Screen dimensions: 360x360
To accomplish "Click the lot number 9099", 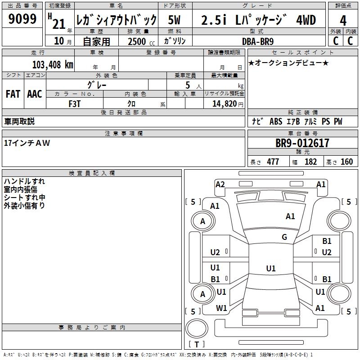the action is [x=22, y=19].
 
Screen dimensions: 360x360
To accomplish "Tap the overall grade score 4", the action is [x=343, y=21].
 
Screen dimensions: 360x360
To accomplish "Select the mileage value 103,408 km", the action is [x=53, y=65].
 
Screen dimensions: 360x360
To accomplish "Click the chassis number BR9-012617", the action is [x=302, y=143].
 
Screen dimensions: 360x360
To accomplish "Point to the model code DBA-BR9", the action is [x=258, y=41].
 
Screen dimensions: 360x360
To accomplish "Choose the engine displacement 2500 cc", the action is [x=141, y=41].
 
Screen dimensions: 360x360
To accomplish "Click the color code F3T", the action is [x=75, y=104].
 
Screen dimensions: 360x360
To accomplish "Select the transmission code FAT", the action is [x=13, y=94].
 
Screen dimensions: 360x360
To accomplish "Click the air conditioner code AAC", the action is [x=35, y=94].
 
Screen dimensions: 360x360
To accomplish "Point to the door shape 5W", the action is [x=174, y=20].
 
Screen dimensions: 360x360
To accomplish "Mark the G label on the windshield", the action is [x=284, y=237].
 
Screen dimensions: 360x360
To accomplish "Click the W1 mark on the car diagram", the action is [x=221, y=308].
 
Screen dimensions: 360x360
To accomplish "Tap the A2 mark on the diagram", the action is [x=220, y=184].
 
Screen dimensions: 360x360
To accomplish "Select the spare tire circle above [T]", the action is [x=197, y=328].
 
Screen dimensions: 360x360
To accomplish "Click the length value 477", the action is [x=273, y=162].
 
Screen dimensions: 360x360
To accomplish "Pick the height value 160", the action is [x=346, y=162].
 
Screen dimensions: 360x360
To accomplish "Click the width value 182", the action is [x=310, y=162].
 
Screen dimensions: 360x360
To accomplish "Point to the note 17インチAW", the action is [x=27, y=143].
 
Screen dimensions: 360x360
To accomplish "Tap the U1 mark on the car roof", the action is [x=271, y=268].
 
